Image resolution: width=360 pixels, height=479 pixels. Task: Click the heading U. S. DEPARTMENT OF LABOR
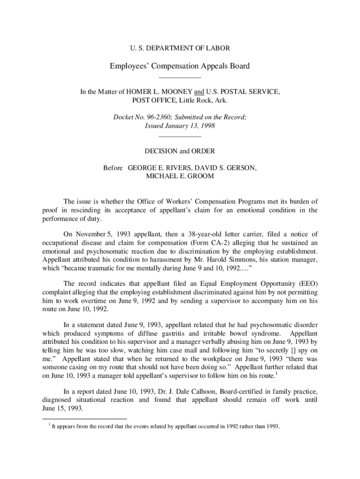(180, 48)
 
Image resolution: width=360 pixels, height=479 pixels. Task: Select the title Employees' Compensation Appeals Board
(180, 66)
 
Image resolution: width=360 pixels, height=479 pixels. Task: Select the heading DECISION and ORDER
(180, 151)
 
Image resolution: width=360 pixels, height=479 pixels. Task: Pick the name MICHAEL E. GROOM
(180, 176)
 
